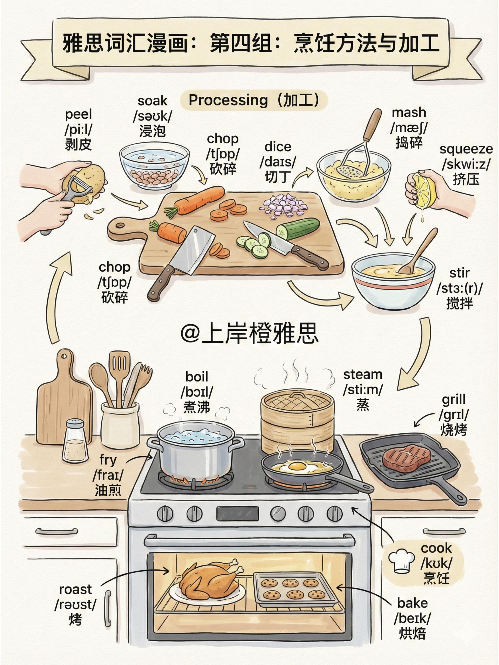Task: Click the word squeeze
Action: coord(466,149)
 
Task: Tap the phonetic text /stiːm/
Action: coord(363,390)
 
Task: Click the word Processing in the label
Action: coord(228,100)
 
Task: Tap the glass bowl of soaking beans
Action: coord(154,166)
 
